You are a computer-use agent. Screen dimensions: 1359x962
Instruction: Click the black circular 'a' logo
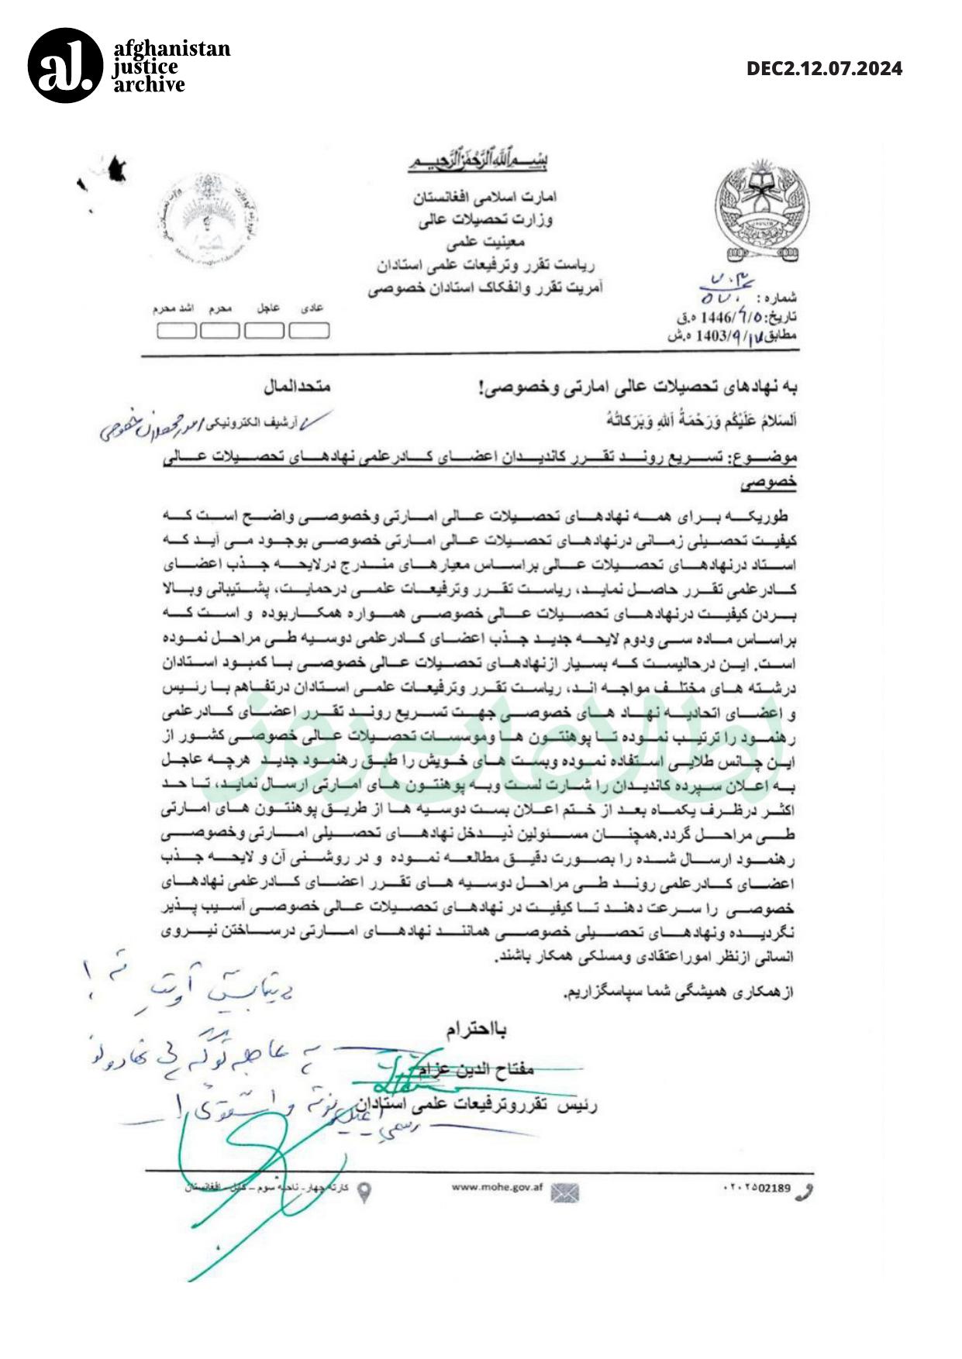(65, 66)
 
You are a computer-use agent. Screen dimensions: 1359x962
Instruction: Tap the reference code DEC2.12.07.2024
(824, 69)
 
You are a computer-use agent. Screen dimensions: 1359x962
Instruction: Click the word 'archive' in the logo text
(150, 85)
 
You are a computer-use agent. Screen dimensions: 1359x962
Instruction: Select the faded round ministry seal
(205, 222)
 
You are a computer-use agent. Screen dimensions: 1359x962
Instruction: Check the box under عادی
(309, 331)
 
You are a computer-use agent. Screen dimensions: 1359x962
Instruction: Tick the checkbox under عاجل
(264, 331)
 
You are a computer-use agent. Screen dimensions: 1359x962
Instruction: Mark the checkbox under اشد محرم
(176, 331)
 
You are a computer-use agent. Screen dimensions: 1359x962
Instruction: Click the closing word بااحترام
(476, 1030)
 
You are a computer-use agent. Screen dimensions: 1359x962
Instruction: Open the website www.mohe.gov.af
(497, 1188)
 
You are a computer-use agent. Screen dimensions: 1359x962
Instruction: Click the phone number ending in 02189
(756, 1189)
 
